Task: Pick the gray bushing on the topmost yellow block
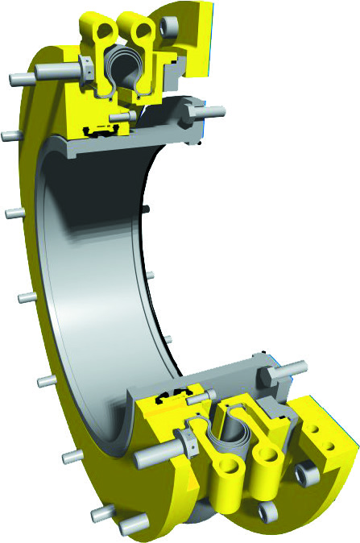pos(169,27)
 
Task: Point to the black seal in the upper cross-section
pos(101,128)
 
